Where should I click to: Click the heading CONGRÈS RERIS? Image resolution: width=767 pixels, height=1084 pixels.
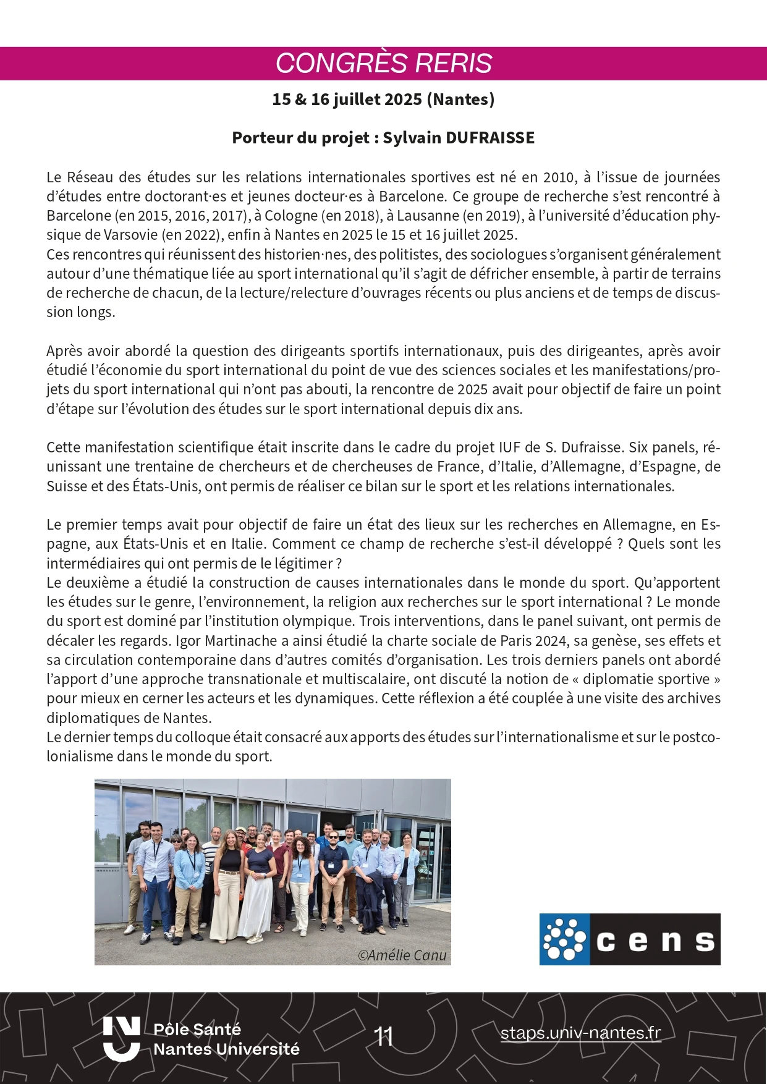(x=383, y=63)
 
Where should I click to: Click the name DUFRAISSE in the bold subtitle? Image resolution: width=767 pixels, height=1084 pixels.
(x=489, y=138)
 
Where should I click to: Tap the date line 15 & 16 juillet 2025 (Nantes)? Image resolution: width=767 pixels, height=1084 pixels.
(x=383, y=100)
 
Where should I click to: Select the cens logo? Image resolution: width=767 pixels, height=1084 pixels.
(x=629, y=939)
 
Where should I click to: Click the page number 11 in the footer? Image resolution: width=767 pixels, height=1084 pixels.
(x=384, y=1036)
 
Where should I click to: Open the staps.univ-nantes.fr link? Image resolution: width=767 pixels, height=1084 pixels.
(x=580, y=1033)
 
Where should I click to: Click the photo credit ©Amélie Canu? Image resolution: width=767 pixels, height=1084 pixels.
(x=402, y=955)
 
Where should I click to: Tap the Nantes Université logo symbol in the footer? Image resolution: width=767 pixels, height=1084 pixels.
(x=122, y=1038)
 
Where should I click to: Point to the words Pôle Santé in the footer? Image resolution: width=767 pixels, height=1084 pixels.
(x=197, y=1029)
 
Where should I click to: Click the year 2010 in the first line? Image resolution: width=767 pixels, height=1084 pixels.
(x=558, y=177)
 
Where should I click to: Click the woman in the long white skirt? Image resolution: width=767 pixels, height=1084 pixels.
(x=257, y=884)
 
